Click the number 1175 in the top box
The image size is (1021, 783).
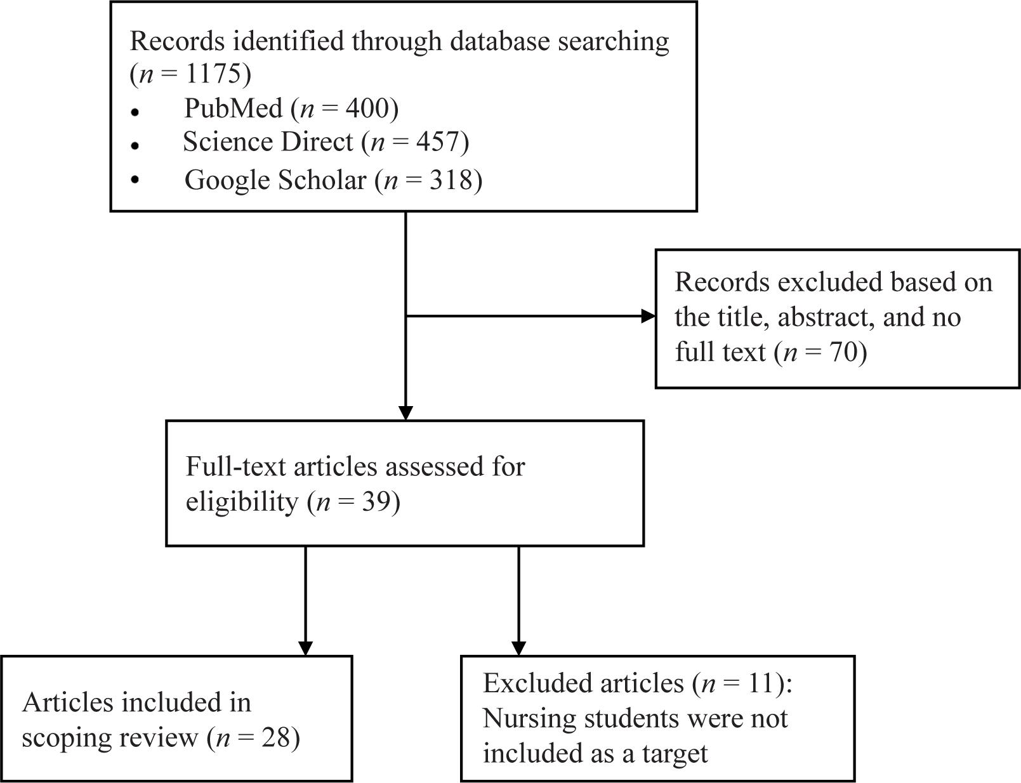coord(214,74)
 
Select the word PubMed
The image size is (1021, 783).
coord(233,108)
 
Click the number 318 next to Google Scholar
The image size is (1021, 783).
coord(451,180)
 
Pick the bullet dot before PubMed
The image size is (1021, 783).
coord(135,112)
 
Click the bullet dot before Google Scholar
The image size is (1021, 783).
coord(135,179)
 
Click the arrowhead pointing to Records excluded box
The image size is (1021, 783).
coord(649,316)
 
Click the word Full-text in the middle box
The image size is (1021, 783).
coord(235,466)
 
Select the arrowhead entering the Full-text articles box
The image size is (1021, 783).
coord(405,413)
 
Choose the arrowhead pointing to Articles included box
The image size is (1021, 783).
coord(305,648)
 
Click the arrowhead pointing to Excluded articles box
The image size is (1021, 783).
coord(518,648)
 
